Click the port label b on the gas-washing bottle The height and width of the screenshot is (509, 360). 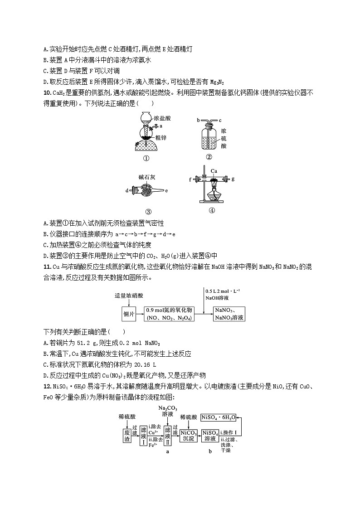click(x=198, y=120)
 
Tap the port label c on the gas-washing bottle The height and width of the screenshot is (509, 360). click(x=220, y=120)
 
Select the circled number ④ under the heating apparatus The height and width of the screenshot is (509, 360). click(x=212, y=210)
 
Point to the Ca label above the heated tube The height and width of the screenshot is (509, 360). click(x=214, y=171)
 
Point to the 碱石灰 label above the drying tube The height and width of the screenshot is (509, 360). click(x=147, y=177)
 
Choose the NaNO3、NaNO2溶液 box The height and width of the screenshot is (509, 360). click(x=229, y=314)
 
